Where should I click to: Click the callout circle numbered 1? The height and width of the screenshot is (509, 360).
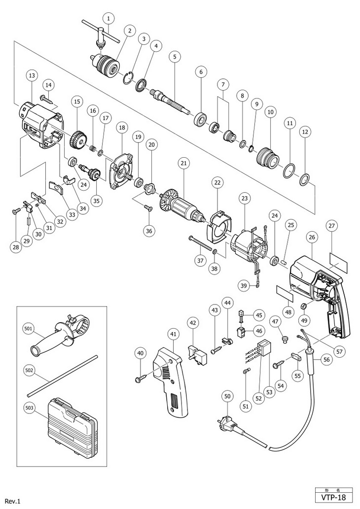pyautogui.click(x=109, y=18)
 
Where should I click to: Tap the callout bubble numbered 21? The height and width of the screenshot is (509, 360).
pyautogui.click(x=183, y=163)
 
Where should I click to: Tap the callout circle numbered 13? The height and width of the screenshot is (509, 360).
pyautogui.click(x=32, y=75)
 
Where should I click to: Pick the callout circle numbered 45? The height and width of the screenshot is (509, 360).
pyautogui.click(x=259, y=314)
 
